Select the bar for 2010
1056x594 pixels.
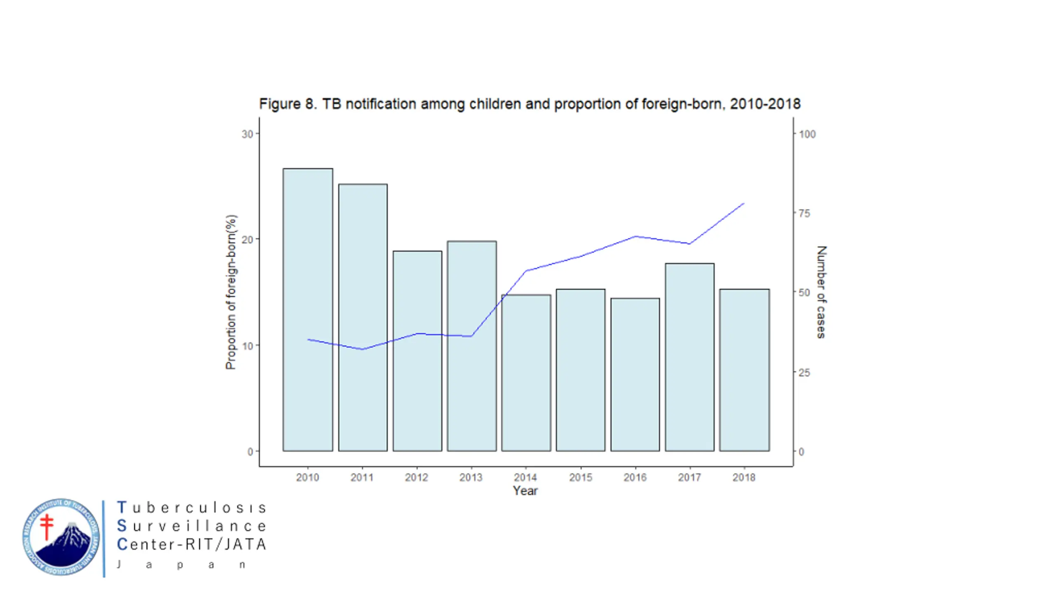(x=308, y=309)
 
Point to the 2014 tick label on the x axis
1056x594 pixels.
(x=525, y=477)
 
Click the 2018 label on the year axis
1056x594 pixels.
(x=744, y=477)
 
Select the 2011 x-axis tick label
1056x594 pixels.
(x=362, y=477)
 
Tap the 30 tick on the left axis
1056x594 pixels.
(x=247, y=134)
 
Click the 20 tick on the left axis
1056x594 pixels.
(x=247, y=240)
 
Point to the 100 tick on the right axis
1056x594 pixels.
(x=807, y=134)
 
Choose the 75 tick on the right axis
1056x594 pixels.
(x=804, y=213)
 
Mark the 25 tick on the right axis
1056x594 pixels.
(x=804, y=372)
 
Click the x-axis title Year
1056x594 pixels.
(x=525, y=491)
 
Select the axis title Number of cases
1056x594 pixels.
(x=821, y=292)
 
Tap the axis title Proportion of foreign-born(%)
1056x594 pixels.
(x=231, y=292)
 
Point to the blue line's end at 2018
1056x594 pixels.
(x=743, y=203)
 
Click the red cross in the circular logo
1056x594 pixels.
(x=47, y=527)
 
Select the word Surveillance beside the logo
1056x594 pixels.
(x=192, y=526)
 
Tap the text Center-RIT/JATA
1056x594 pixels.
(x=192, y=544)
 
